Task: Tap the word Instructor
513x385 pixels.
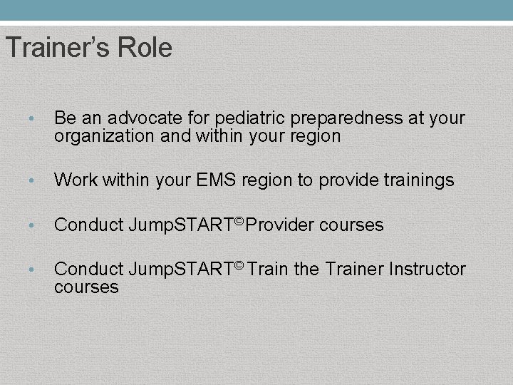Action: (427, 269)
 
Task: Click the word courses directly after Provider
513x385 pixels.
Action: (351, 225)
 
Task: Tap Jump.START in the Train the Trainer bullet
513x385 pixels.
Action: (181, 269)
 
